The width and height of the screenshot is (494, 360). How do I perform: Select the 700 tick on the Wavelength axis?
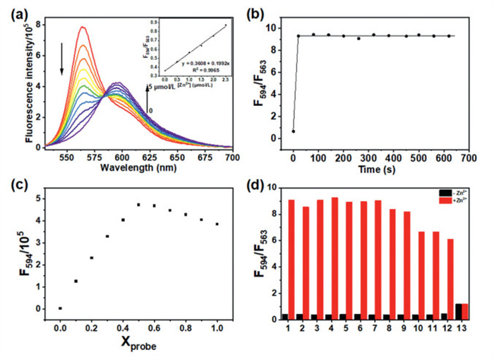(231, 154)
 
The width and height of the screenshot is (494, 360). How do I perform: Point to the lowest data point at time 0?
(293, 131)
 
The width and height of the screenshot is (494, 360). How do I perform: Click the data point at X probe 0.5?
(138, 205)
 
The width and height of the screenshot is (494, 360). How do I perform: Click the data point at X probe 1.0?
(217, 224)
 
